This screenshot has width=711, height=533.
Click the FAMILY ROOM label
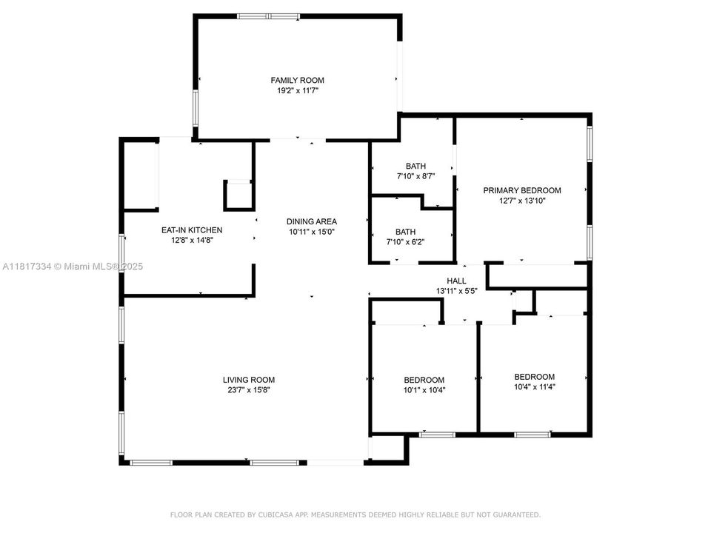click(x=297, y=80)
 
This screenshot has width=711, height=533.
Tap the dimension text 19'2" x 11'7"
click(x=297, y=90)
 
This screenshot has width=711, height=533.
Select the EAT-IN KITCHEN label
click(x=192, y=230)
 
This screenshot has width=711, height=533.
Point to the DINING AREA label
click(x=312, y=221)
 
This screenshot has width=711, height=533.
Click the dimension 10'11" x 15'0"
click(x=312, y=232)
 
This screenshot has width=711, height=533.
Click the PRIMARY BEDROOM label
click(x=522, y=190)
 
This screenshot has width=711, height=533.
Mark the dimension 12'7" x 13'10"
click(x=522, y=201)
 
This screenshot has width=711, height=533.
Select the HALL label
click(x=456, y=281)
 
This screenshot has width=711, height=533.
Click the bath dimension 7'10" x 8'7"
click(x=415, y=176)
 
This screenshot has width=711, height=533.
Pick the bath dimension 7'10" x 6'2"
click(x=415, y=242)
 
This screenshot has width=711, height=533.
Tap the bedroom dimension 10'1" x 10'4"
click(x=424, y=390)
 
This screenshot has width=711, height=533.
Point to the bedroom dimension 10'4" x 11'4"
click(x=534, y=386)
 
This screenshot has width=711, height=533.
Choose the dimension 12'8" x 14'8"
click(x=192, y=241)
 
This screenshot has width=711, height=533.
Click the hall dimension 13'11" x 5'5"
click(x=456, y=291)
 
